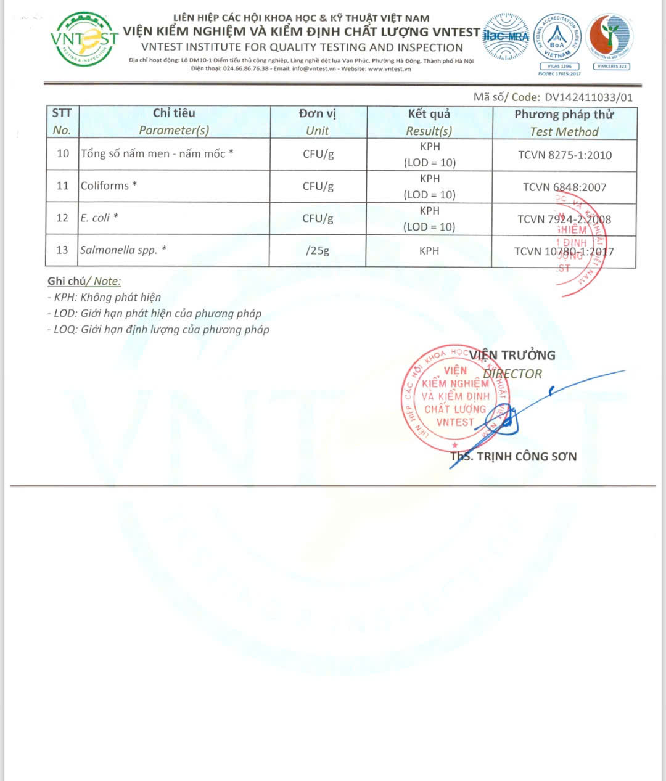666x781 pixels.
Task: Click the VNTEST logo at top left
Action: coord(84,39)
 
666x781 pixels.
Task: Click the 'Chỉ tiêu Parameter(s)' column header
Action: coord(174,121)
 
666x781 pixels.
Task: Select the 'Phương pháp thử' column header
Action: coord(564,123)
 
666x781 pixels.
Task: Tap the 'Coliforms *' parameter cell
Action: coord(109,186)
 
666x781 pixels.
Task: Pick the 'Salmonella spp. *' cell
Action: coord(123,250)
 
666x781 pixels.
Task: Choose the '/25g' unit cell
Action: coord(318,251)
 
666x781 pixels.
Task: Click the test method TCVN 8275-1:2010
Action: coord(564,155)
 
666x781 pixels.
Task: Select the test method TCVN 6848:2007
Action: coord(564,187)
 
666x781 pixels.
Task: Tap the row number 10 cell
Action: coord(63,153)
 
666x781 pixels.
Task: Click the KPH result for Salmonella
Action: coord(429,251)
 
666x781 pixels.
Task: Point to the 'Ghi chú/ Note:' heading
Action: coord(84,281)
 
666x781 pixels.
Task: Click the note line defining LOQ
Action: coord(158,330)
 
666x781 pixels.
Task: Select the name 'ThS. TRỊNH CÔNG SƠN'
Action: coord(514,457)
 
